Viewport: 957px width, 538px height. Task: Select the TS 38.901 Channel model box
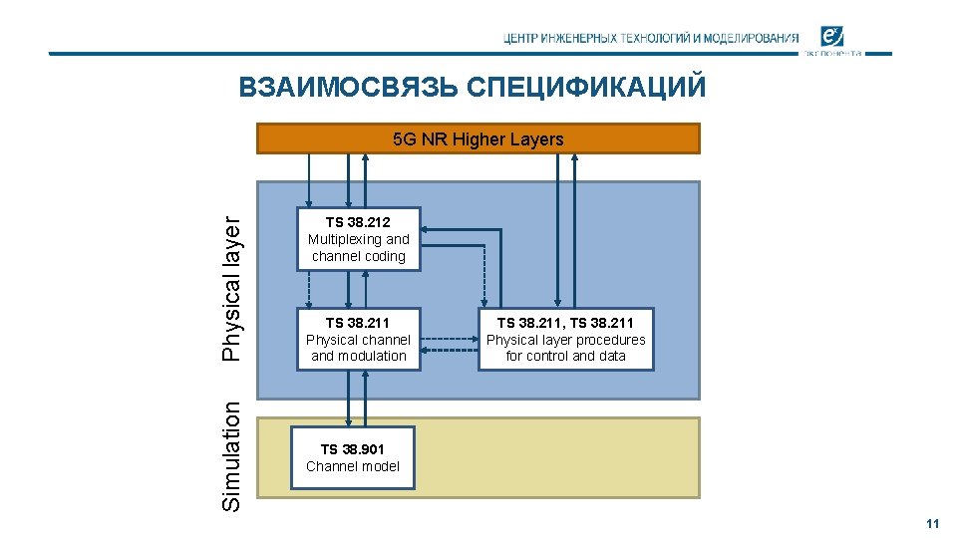(x=353, y=458)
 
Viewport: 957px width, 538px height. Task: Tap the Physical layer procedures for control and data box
(x=565, y=339)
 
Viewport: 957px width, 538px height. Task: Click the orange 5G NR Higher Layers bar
(x=478, y=138)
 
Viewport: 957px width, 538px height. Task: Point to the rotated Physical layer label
(x=231, y=289)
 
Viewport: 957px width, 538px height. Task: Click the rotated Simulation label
(x=231, y=456)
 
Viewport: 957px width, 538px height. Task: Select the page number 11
(x=933, y=524)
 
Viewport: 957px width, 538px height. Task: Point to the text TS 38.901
(x=352, y=449)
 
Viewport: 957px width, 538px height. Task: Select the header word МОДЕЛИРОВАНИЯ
(x=751, y=39)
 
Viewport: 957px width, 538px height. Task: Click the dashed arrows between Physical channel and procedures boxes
(x=449, y=344)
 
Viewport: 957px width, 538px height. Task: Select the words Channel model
(x=353, y=466)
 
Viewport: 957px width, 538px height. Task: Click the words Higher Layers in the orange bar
(x=507, y=139)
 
